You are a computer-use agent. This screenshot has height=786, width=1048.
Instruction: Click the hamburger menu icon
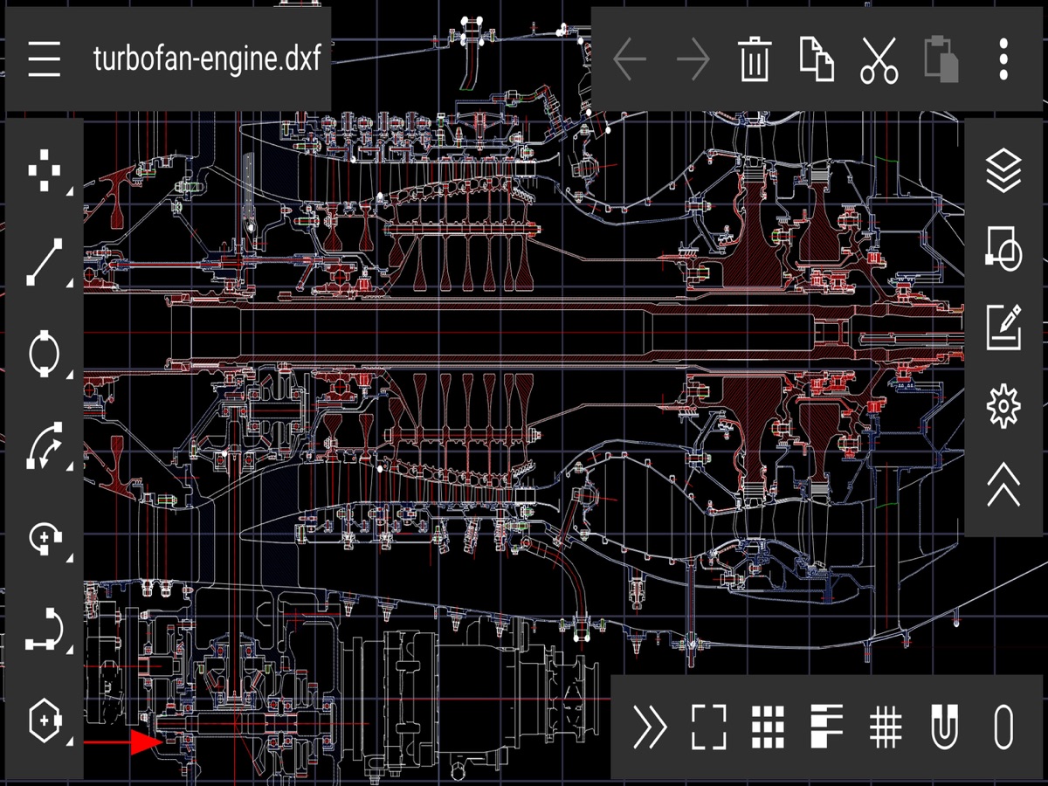click(x=44, y=59)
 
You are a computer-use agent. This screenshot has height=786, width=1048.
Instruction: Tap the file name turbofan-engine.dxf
click(x=207, y=59)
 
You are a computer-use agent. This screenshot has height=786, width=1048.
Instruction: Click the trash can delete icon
click(x=754, y=59)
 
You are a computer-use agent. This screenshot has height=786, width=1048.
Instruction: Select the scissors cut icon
click(x=879, y=60)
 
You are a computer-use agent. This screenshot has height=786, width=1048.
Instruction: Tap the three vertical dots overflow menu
click(x=1003, y=59)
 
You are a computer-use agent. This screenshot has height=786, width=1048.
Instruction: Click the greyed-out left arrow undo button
click(x=630, y=59)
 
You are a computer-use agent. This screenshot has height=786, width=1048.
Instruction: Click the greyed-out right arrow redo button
click(x=693, y=59)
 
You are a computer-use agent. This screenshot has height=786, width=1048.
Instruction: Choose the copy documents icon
click(x=817, y=59)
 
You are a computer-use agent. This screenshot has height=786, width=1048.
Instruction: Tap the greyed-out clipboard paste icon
click(x=941, y=59)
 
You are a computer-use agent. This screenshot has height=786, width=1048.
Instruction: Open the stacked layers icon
click(x=1003, y=170)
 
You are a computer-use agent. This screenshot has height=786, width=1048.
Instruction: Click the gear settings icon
click(x=1003, y=405)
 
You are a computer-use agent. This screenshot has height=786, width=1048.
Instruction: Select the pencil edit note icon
click(x=1003, y=327)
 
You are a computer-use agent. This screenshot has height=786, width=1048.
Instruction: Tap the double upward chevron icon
click(x=1003, y=484)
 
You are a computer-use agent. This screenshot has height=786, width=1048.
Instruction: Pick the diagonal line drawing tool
click(x=45, y=262)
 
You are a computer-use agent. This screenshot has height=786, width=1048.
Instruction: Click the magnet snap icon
click(x=944, y=727)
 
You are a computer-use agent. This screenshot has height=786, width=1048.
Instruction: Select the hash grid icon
click(x=886, y=727)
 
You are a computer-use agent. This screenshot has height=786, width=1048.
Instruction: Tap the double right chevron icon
click(x=650, y=727)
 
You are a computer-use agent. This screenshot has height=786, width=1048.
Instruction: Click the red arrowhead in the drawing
click(x=147, y=742)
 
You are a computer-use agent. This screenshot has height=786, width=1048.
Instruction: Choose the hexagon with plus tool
click(x=45, y=720)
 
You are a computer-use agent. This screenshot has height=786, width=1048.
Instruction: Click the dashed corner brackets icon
click(x=709, y=727)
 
